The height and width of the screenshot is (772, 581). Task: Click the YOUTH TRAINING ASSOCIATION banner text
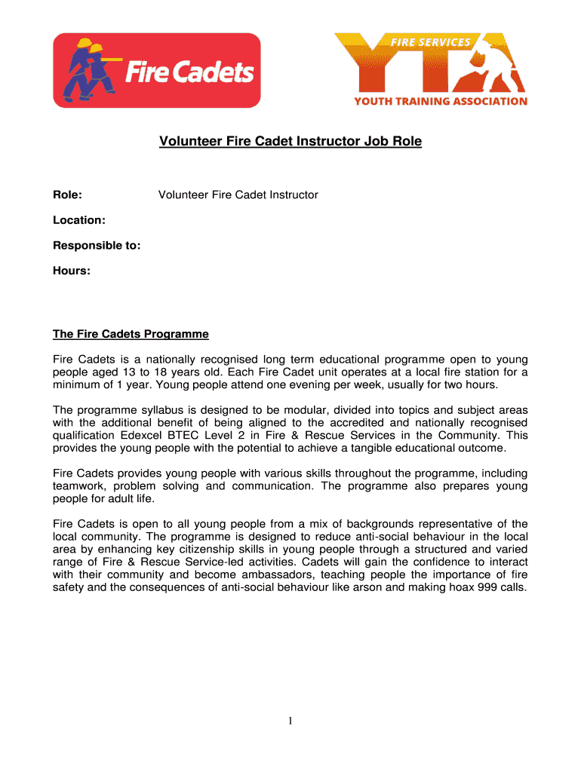pyautogui.click(x=441, y=101)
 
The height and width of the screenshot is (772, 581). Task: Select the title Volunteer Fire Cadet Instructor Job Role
pyautogui.click(x=290, y=141)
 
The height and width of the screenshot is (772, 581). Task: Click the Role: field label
pyautogui.click(x=67, y=195)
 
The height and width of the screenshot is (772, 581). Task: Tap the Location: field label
pyautogui.click(x=78, y=220)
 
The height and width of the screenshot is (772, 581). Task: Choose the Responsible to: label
pyautogui.click(x=97, y=245)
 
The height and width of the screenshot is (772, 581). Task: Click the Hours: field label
pyautogui.click(x=72, y=270)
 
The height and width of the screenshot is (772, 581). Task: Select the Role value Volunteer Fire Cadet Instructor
pyautogui.click(x=238, y=195)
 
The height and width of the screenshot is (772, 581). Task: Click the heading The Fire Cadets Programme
pyautogui.click(x=131, y=334)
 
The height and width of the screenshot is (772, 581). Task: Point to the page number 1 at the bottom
pyautogui.click(x=290, y=722)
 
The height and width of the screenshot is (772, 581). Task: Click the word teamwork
pyautogui.click(x=81, y=486)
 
